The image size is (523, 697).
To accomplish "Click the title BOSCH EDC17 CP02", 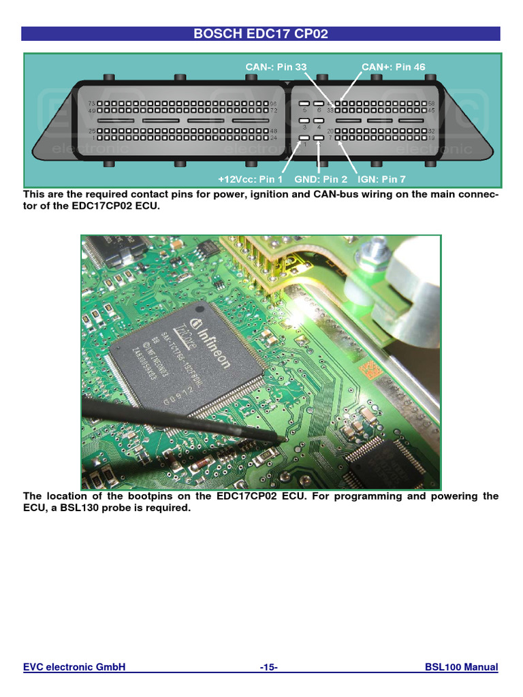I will (261, 33).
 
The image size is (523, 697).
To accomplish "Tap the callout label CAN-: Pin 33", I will (276, 67).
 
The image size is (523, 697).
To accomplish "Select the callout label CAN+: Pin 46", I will (393, 67).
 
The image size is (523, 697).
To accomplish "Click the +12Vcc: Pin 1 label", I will (250, 179).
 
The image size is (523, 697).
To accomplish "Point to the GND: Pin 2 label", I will (321, 179).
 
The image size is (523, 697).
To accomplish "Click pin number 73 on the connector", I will (91, 103).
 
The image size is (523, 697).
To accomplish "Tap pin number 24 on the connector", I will (274, 138).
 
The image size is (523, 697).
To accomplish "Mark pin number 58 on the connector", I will (431, 103).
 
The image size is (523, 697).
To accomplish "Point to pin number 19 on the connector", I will (431, 138).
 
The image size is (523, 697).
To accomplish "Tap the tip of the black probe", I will (281, 440).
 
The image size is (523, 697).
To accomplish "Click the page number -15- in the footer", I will (268, 668).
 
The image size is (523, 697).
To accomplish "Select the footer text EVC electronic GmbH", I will (74, 668).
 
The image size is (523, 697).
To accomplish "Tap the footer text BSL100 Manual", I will (461, 668).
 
